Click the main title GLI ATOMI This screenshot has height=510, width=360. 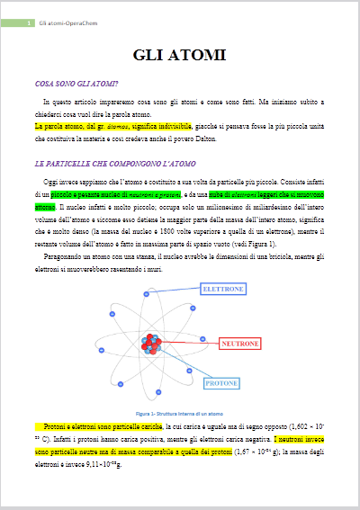(x=179, y=57)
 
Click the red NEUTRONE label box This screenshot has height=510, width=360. (x=240, y=344)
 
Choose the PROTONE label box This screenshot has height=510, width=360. (x=220, y=383)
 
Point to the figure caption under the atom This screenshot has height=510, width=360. (x=179, y=413)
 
